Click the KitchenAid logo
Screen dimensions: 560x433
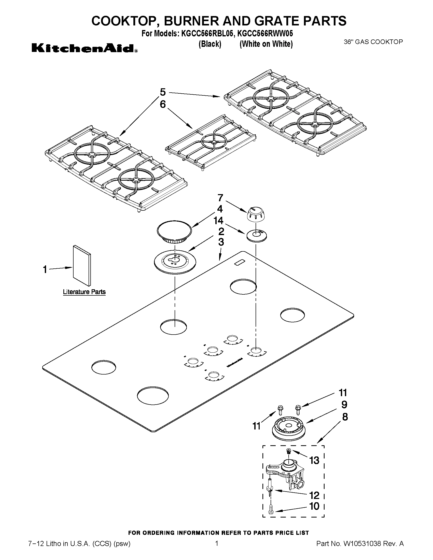click(85, 48)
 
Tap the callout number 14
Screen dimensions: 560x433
click(219, 221)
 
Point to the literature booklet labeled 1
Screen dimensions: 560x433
click(82, 266)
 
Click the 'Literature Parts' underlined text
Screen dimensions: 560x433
click(84, 292)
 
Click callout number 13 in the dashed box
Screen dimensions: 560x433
click(314, 461)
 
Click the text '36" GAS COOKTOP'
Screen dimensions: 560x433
click(373, 42)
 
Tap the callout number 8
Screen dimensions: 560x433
click(345, 417)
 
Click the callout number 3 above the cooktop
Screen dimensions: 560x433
click(221, 242)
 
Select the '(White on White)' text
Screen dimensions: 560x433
click(266, 44)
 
